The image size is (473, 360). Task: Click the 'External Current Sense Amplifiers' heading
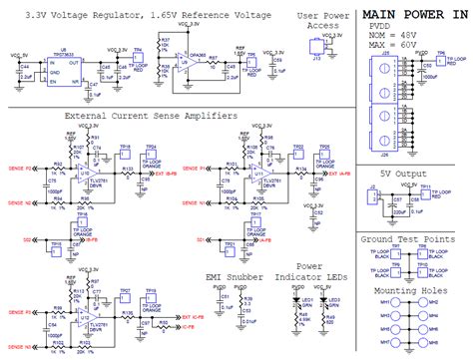click(151, 116)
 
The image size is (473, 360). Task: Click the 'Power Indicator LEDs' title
click(318, 274)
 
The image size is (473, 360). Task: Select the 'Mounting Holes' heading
click(408, 290)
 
